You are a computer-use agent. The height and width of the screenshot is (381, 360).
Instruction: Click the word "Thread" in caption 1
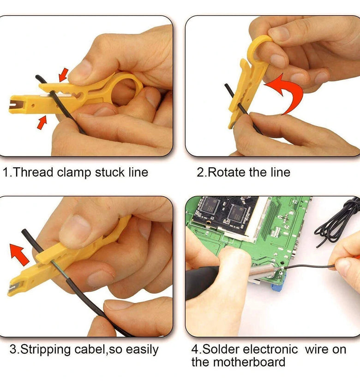[33, 172]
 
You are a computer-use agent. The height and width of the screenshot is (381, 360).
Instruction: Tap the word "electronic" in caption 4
[270, 350]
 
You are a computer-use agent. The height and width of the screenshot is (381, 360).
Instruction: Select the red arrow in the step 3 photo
[19, 254]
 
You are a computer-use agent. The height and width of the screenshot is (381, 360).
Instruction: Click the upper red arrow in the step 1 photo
[63, 75]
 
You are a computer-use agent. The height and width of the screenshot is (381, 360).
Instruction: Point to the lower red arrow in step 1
[42, 123]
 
